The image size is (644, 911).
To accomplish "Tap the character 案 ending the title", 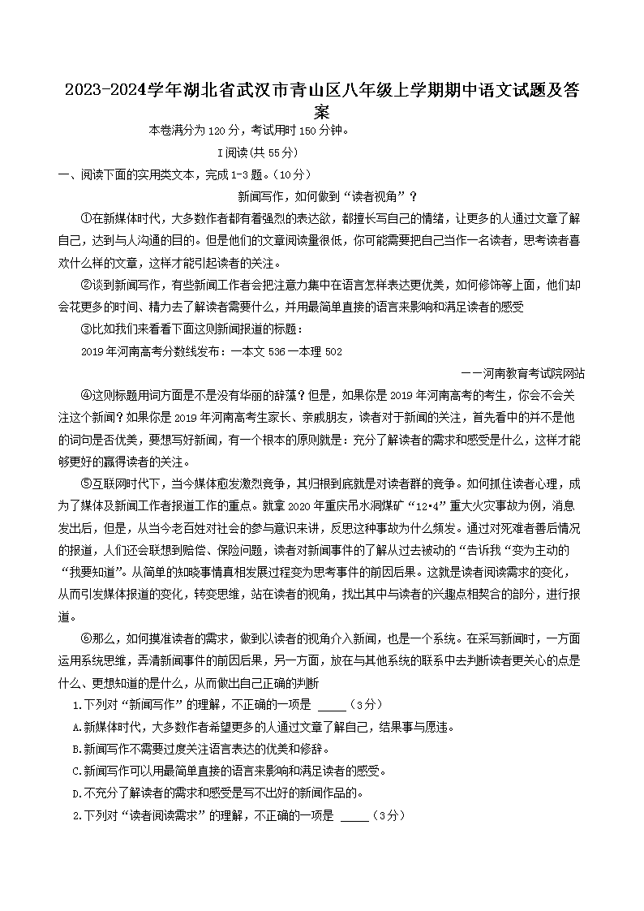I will (x=322, y=112).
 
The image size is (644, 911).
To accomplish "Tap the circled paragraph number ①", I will (x=88, y=219).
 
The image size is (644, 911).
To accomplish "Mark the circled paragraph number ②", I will (x=88, y=286).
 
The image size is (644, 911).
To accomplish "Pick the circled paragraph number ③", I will (x=88, y=329).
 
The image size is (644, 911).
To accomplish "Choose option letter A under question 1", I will (x=76, y=727).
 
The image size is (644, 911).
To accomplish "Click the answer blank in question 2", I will (x=355, y=814).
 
